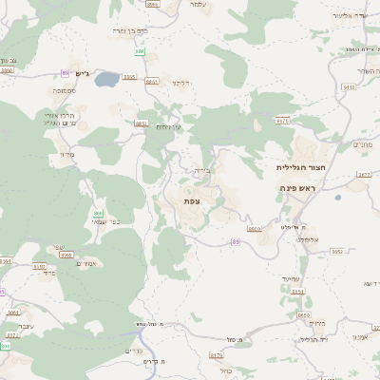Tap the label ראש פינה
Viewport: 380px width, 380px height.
coord(296,188)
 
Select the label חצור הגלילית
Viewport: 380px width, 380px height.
coord(295,167)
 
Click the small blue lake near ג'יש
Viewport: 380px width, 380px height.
coord(108,78)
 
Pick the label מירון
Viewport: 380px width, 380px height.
coord(66,154)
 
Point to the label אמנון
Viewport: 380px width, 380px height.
coord(360,338)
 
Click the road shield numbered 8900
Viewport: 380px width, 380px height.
coord(254,229)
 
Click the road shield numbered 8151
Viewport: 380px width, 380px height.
coord(297,292)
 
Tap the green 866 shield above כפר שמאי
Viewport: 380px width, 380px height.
coord(98,213)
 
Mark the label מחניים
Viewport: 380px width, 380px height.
coord(362,144)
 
